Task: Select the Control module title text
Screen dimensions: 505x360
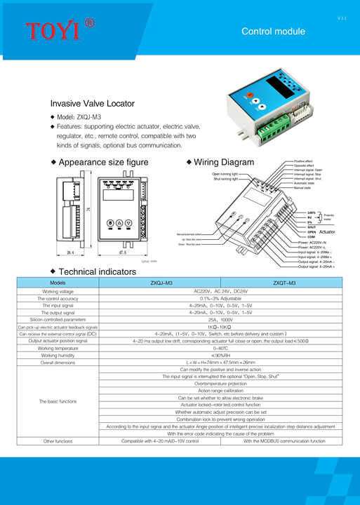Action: click(x=273, y=32)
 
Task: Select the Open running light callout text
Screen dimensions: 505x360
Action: click(x=225, y=173)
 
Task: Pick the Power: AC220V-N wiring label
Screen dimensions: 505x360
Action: click(x=317, y=242)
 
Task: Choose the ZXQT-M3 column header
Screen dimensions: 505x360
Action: click(x=283, y=283)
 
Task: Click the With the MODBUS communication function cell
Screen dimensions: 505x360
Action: click(x=284, y=441)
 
